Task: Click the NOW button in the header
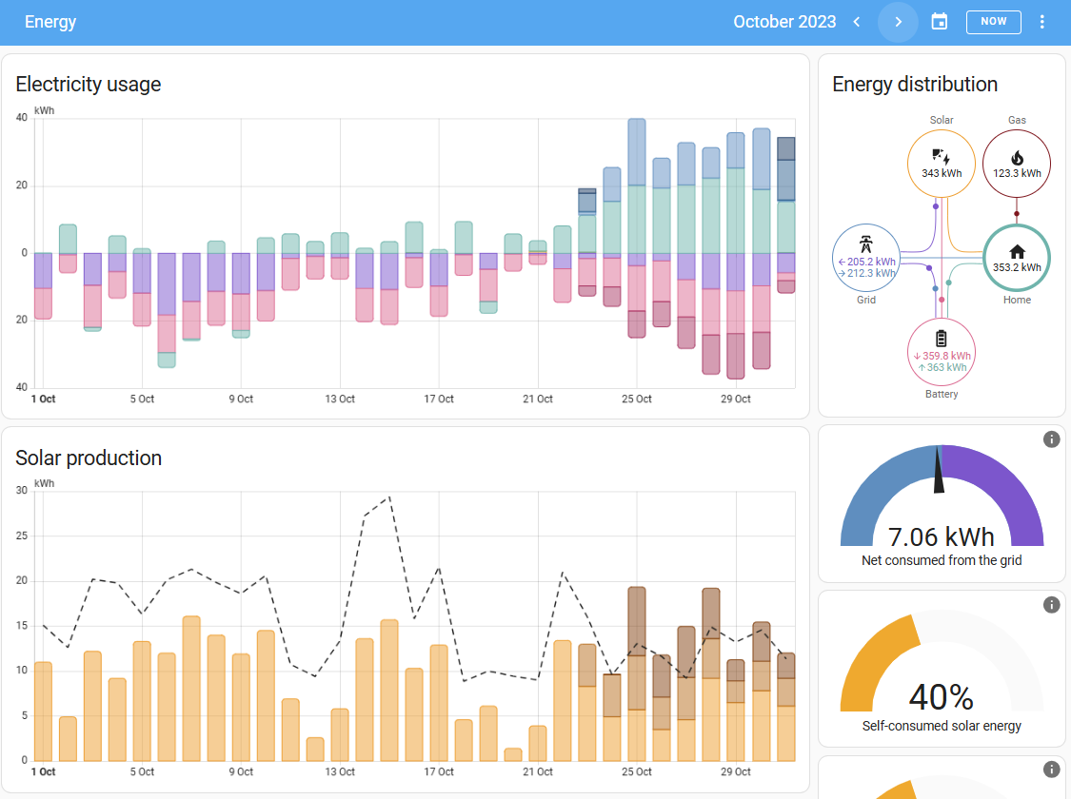point(993,22)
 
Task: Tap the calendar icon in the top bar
point(940,22)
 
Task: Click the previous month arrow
point(857,22)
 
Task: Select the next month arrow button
point(898,22)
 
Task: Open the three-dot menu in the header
point(1041,22)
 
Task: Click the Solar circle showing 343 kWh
point(942,164)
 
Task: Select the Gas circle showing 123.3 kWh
point(1017,164)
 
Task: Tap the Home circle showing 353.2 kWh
point(1017,258)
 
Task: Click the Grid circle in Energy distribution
point(866,258)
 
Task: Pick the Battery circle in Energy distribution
point(942,352)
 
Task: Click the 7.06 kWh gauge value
point(942,537)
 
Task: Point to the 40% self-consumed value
point(942,697)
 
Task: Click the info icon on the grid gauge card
point(1051,439)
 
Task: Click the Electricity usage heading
point(89,84)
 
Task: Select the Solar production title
point(89,458)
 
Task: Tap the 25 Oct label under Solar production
point(637,771)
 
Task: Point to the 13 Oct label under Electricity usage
point(340,399)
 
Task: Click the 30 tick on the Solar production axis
point(22,490)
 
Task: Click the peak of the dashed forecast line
point(389,497)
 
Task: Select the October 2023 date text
point(784,22)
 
